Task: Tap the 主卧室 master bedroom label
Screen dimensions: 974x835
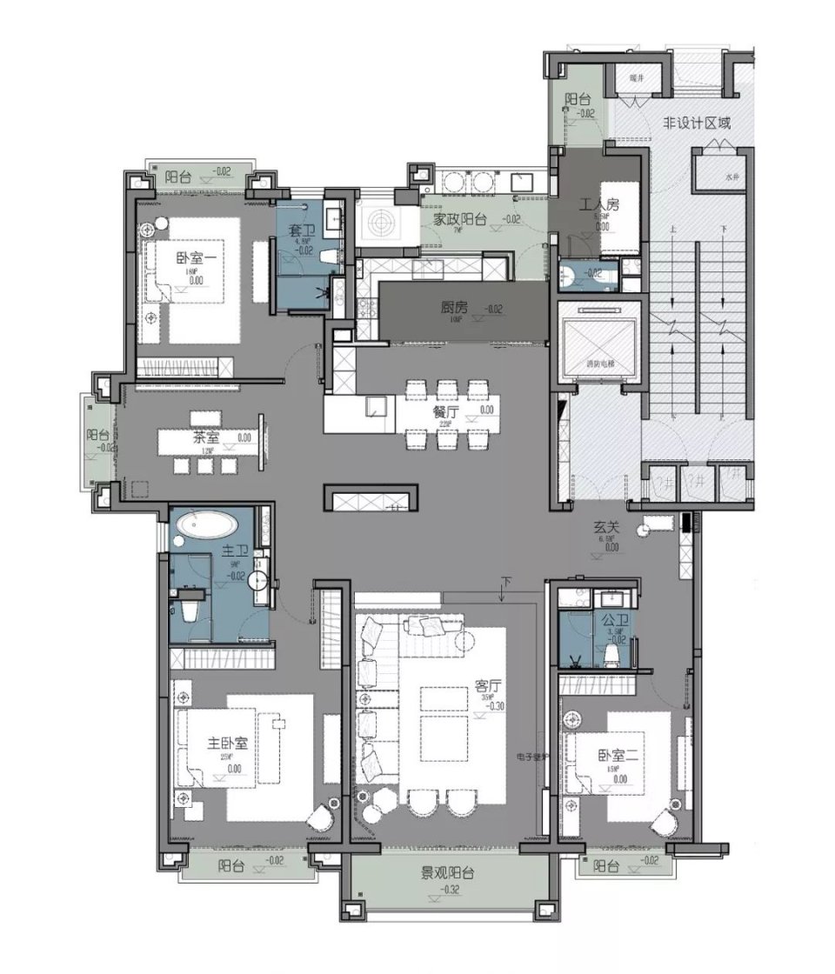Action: coord(228,744)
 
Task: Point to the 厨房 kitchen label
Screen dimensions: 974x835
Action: coord(454,307)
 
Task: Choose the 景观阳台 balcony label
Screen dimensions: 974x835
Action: coord(449,873)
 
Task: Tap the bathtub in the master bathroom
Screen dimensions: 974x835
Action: coord(206,525)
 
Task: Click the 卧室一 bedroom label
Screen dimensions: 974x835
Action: coord(193,257)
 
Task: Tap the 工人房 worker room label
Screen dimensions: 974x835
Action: coord(599,205)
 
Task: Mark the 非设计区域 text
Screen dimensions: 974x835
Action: coord(697,123)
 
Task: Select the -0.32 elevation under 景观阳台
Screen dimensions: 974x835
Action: coord(450,891)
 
